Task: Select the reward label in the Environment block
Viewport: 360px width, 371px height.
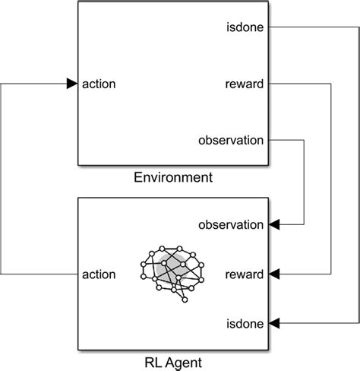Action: [245, 84]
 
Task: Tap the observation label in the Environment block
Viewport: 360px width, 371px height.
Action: [231, 140]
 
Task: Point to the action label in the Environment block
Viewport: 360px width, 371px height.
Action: [99, 84]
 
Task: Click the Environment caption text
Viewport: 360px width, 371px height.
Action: [172, 178]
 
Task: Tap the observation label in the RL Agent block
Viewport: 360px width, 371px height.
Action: [231, 224]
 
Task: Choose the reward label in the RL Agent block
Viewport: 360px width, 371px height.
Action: [245, 274]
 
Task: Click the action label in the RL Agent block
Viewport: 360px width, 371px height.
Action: [99, 274]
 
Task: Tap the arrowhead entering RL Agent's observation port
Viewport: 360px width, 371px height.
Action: [274, 224]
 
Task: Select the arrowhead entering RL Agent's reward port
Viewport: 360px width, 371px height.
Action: [274, 274]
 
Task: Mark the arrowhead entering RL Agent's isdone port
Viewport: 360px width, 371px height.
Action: [274, 323]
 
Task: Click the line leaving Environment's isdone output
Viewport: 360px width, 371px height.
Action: [311, 28]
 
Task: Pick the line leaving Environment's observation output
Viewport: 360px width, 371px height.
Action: [289, 140]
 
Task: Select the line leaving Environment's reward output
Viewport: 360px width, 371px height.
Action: [304, 84]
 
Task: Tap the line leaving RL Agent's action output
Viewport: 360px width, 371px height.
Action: [38, 274]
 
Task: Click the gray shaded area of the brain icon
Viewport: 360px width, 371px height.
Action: [175, 262]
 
